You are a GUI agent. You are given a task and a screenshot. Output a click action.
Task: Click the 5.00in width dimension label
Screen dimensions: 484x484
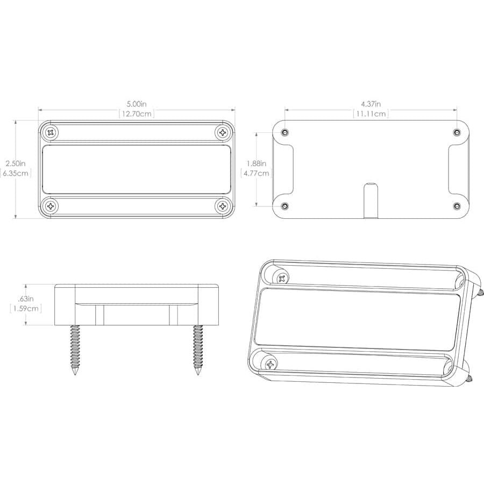point(137,104)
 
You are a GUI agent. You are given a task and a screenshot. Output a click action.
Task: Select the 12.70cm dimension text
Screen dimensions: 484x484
point(137,113)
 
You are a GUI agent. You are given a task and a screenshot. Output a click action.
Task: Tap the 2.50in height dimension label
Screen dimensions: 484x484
point(16,163)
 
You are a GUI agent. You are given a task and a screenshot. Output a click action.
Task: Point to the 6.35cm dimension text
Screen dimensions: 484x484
point(16,173)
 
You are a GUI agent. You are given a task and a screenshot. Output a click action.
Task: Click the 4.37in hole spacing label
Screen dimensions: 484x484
point(371,104)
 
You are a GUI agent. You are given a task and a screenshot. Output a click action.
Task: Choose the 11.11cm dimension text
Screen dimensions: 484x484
point(371,113)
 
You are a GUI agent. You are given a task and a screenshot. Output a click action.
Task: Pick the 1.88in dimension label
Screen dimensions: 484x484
point(256,163)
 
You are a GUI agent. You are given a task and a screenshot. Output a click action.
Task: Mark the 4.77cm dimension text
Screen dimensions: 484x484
point(256,173)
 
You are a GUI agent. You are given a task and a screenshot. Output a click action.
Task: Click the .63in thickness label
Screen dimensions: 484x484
point(26,298)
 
